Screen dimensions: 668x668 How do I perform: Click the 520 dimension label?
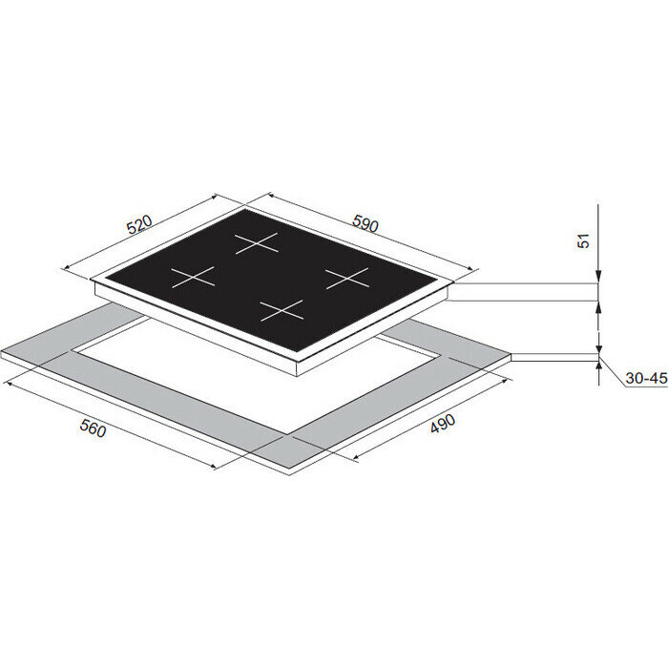click(139, 225)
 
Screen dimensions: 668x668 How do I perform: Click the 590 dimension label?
click(365, 223)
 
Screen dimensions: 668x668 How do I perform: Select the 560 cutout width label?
click(93, 428)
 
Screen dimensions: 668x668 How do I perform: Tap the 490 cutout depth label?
click(443, 423)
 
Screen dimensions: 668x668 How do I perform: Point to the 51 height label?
click(584, 240)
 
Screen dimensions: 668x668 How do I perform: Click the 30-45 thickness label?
click(646, 378)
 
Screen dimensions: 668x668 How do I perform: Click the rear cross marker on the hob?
click(257, 243)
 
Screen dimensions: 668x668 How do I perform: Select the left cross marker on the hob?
click(193, 278)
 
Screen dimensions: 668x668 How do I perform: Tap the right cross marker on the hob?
click(347, 279)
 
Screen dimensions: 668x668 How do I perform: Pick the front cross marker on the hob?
click(282, 310)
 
